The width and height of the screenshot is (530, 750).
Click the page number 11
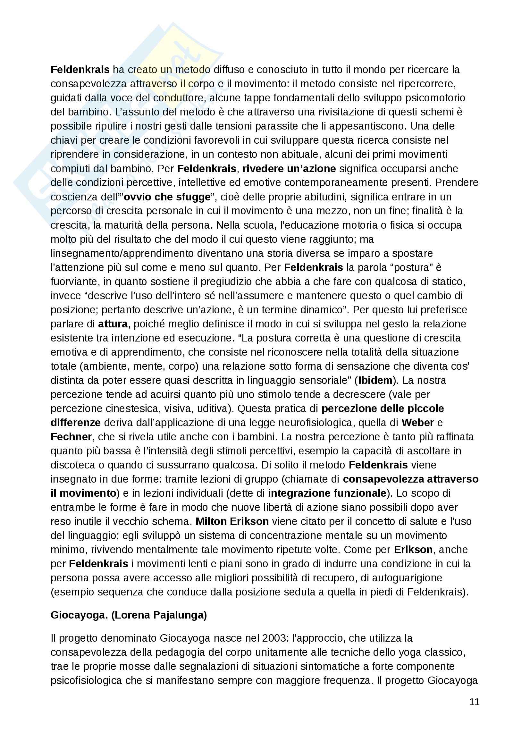[x=474, y=702]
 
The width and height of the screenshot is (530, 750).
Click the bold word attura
[x=113, y=324]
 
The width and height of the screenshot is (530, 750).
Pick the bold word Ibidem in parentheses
[x=375, y=380]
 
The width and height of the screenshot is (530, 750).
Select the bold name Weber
[x=418, y=422]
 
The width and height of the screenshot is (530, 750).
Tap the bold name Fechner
[x=71, y=437]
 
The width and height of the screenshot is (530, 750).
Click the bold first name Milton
[x=212, y=521]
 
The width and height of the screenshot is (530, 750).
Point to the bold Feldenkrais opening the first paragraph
[x=80, y=70]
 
